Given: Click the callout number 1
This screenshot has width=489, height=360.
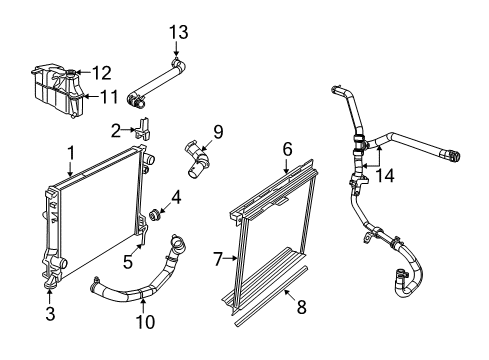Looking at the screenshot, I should (x=71, y=153).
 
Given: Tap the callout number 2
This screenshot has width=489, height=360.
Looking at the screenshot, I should (x=116, y=128).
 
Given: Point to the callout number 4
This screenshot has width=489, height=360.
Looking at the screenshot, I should (x=176, y=197).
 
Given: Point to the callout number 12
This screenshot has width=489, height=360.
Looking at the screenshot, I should (x=101, y=72).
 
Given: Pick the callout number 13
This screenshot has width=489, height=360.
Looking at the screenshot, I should (x=178, y=33).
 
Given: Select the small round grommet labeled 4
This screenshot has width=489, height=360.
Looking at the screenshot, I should (x=155, y=215).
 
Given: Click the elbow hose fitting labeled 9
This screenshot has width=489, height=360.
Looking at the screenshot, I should (x=197, y=162).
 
